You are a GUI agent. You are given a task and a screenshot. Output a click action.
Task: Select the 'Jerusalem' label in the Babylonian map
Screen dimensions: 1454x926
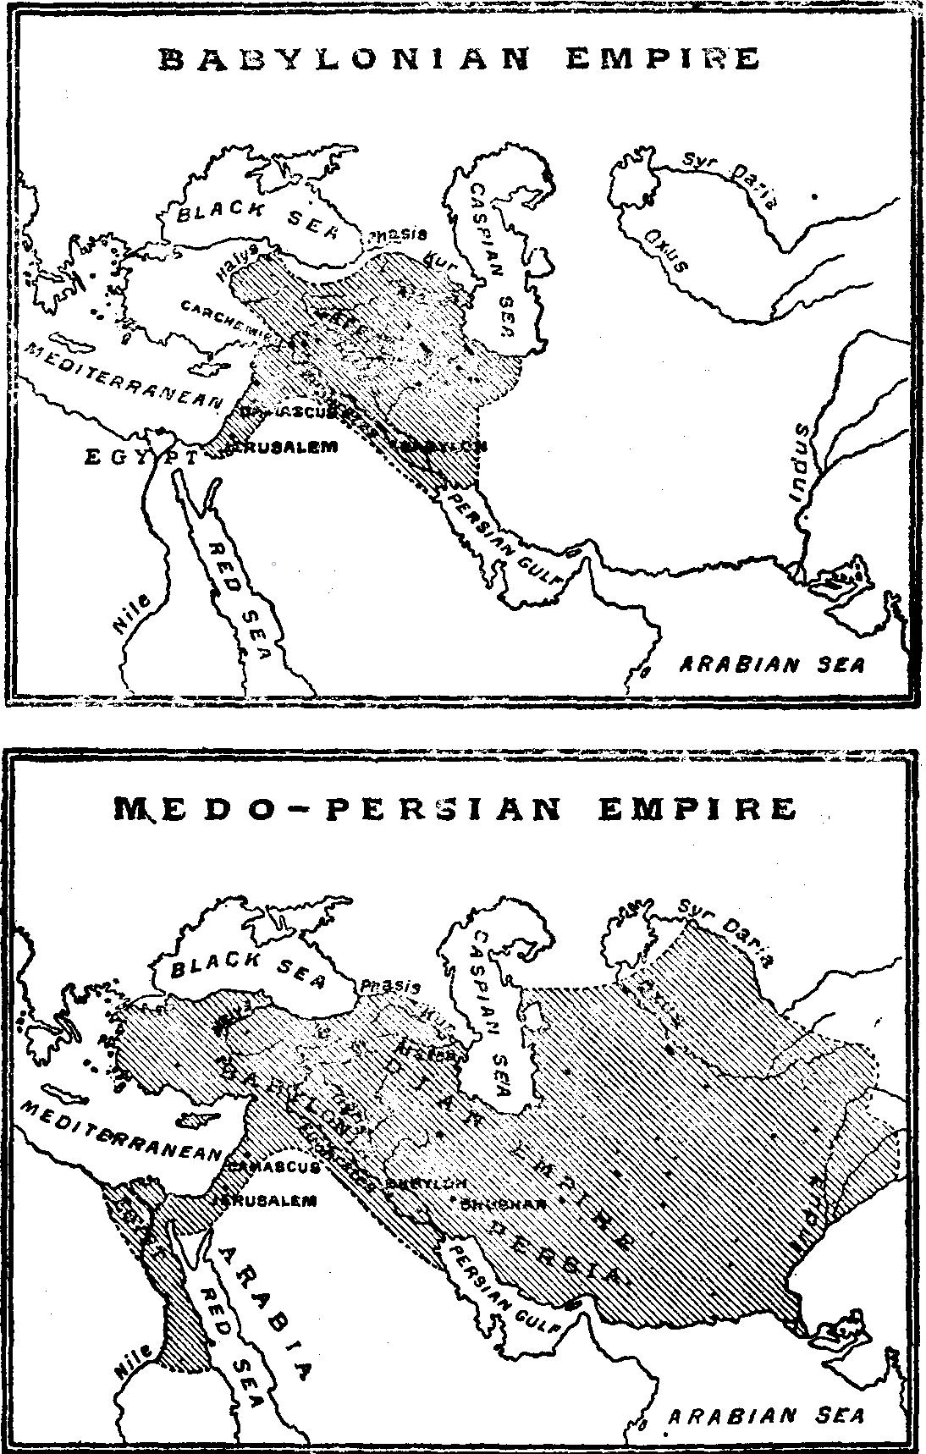tap(279, 447)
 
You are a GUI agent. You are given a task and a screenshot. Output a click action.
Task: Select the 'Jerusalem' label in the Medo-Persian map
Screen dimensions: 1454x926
tap(264, 1199)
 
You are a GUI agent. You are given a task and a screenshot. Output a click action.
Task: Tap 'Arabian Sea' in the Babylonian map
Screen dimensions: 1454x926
tap(773, 664)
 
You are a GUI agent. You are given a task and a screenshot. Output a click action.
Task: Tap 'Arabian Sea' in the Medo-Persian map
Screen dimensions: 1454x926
tap(767, 1416)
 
